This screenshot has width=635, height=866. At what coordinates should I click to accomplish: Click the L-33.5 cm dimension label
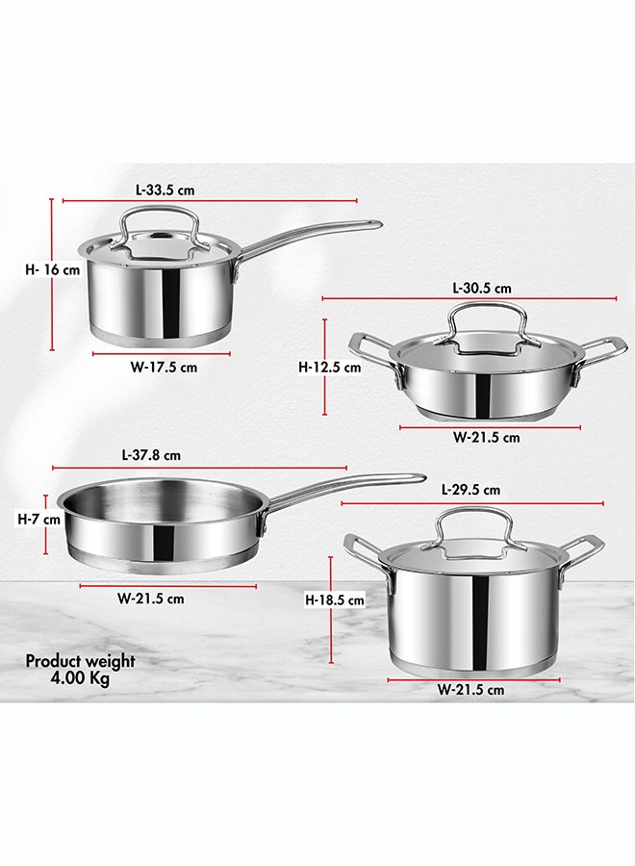(165, 190)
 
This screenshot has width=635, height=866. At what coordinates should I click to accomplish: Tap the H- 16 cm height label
(53, 270)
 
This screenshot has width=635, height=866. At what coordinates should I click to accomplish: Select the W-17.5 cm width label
(164, 368)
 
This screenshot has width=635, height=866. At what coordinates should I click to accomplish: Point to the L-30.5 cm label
(481, 288)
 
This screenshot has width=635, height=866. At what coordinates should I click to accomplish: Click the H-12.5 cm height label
(330, 368)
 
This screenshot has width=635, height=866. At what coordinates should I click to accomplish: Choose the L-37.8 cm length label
(151, 455)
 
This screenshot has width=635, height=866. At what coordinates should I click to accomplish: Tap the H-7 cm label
(38, 520)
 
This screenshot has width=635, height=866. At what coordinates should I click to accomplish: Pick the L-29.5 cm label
(471, 490)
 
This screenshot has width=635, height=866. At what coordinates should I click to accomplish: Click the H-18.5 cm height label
(335, 599)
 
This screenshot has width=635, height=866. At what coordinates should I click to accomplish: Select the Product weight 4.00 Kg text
(80, 669)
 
